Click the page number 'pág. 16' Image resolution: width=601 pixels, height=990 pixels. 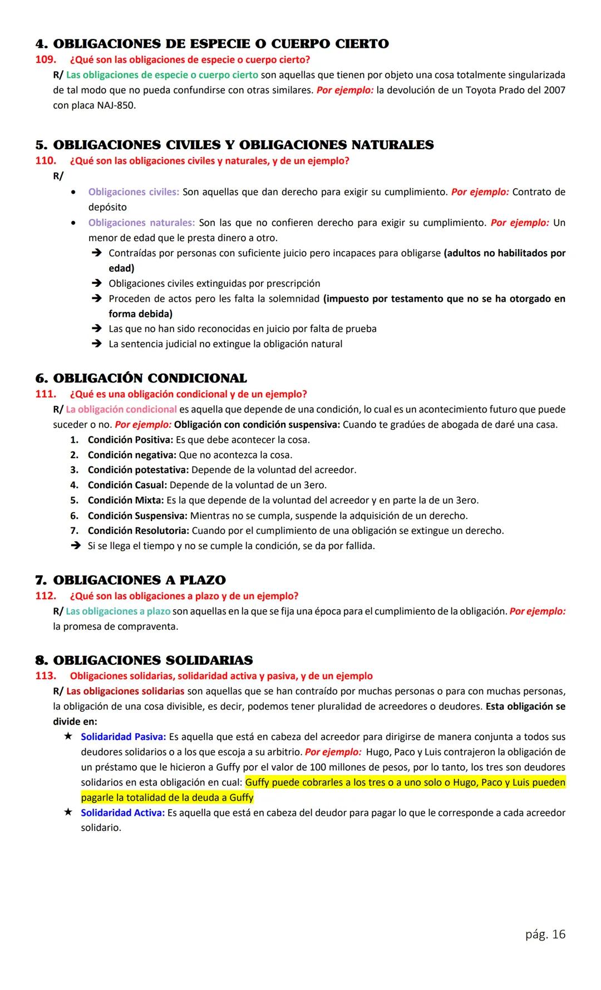(x=545, y=934)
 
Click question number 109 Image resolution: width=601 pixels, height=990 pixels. (x=45, y=60)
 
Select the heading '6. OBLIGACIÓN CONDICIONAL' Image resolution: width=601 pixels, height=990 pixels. (x=141, y=379)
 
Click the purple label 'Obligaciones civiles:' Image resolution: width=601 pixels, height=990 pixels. (x=134, y=192)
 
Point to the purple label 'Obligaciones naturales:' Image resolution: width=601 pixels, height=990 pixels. (x=141, y=223)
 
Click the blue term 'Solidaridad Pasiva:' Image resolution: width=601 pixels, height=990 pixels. (x=123, y=737)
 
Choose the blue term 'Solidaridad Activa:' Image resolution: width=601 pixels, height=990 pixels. (x=122, y=812)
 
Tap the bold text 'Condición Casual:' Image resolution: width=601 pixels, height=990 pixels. (x=127, y=485)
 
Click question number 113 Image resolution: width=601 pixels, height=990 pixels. (x=45, y=676)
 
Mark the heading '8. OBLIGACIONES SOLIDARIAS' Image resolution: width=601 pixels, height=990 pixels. (x=144, y=660)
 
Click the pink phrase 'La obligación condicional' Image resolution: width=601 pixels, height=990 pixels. (x=121, y=409)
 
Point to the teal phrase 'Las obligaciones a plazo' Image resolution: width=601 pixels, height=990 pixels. (x=118, y=611)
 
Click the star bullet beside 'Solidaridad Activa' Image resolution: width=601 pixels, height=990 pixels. (x=68, y=812)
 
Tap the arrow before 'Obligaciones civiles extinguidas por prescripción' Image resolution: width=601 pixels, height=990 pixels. (x=96, y=283)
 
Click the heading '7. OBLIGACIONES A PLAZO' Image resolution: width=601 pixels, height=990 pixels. (x=130, y=580)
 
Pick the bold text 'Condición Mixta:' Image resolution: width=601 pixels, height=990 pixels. (x=125, y=500)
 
